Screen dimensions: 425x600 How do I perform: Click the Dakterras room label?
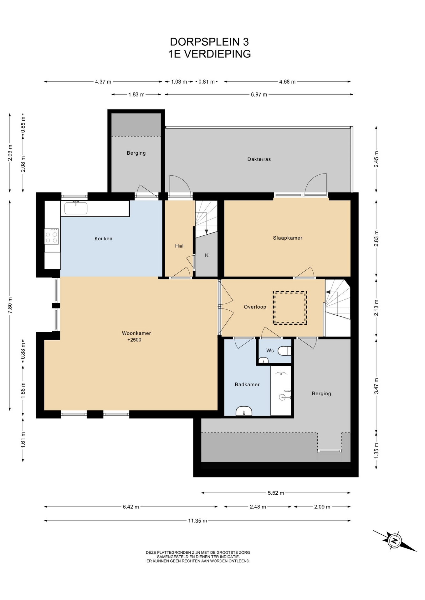point(259,159)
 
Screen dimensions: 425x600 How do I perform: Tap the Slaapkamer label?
point(288,238)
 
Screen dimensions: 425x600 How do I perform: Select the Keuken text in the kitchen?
point(103,238)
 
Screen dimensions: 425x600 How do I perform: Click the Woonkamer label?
point(136,333)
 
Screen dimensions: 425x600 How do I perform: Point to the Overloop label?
point(255,307)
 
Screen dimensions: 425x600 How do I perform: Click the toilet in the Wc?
point(285,351)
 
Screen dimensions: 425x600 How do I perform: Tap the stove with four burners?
point(51,236)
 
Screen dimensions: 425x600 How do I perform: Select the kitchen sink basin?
point(76,208)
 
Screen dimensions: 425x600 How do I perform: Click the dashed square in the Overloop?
point(290,307)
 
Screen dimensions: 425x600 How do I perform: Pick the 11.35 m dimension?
point(197,521)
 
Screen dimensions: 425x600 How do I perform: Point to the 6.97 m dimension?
point(259,94)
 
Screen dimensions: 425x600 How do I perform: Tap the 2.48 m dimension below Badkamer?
point(258,507)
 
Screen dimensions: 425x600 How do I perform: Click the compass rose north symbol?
point(395,540)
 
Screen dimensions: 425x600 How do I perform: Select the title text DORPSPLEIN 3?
point(209,42)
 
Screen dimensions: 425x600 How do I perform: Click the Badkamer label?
point(247,384)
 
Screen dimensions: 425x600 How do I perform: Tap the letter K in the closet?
point(207,255)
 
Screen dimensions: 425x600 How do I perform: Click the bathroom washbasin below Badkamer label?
point(244,411)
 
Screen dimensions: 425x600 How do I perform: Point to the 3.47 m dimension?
point(376,386)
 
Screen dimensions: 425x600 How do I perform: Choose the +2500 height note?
point(134,340)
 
